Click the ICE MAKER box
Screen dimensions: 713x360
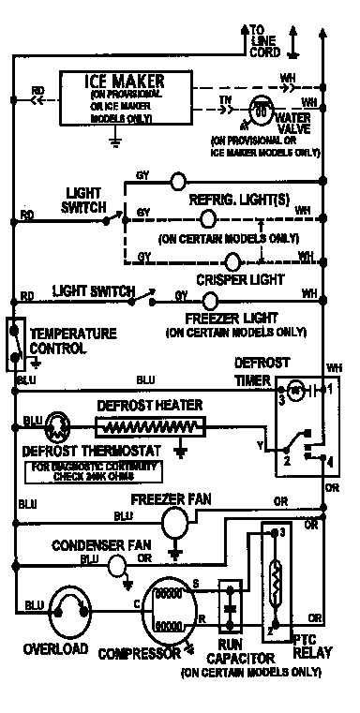(x=115, y=97)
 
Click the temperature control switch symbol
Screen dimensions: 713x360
(x=14, y=341)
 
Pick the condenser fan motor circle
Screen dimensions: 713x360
(x=116, y=566)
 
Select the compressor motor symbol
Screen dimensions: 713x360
(x=170, y=617)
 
